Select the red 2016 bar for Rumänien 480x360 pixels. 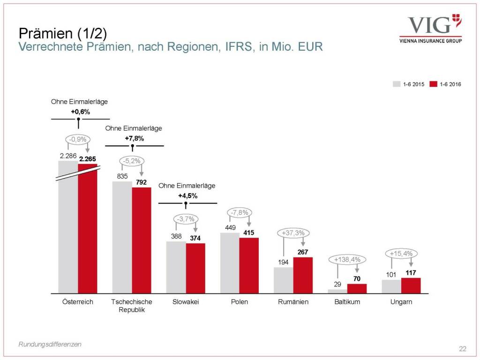pos(303,275)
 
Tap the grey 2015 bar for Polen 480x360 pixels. pos(230,262)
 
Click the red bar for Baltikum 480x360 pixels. pos(357,288)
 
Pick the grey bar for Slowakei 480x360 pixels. pos(176,267)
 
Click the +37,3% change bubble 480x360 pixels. pos(293,232)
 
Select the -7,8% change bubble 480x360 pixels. pos(240,213)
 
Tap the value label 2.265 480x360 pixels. pos(87,159)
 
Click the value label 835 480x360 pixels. pos(122,176)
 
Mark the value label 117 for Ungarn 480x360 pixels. pos(411,272)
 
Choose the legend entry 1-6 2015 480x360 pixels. pos(408,84)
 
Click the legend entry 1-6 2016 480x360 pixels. pos(445,84)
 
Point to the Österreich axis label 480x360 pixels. pos(78,302)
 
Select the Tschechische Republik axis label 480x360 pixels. pos(132,306)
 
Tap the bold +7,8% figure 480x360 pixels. pos(134,138)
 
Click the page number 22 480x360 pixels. pos(463,348)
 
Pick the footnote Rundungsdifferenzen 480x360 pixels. pos(50,344)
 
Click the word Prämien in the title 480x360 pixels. pos(38,33)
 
